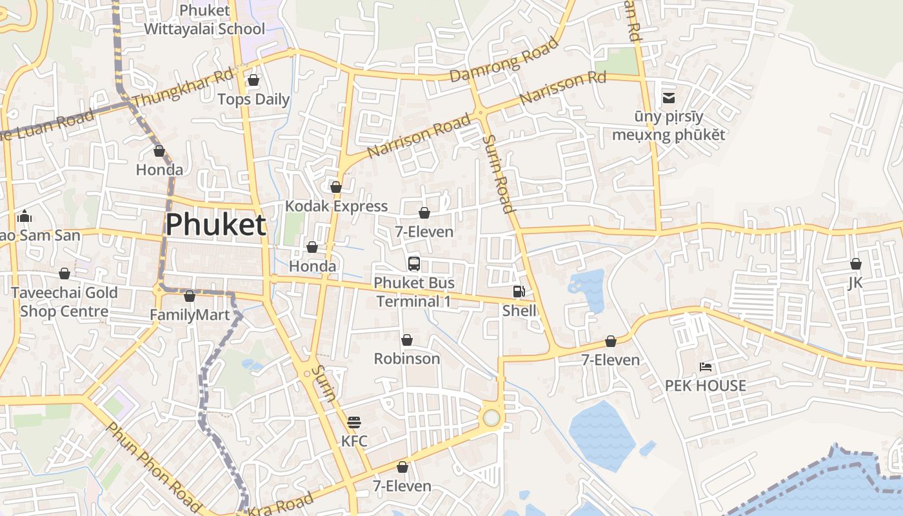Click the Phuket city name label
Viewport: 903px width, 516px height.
215,225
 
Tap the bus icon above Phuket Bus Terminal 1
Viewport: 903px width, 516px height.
414,263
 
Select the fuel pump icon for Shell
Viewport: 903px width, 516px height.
519,292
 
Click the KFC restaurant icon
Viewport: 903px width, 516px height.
354,422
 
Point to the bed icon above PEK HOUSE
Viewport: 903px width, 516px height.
706,367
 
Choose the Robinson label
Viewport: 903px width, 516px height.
407,359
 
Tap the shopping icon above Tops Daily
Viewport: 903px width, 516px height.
253,80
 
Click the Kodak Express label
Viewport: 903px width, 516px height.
336,206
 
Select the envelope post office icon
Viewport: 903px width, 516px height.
668,98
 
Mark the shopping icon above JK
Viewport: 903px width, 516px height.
855,264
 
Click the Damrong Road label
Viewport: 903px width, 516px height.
504,59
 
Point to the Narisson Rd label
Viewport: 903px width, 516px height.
562,88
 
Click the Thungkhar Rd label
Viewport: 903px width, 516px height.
182,88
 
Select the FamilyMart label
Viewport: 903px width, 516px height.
190,315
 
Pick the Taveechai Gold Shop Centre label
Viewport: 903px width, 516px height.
64,302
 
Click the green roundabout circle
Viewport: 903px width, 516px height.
491,418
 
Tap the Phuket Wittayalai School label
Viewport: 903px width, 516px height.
204,19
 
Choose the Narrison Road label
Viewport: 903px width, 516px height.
419,135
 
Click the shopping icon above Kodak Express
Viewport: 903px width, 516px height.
336,187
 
